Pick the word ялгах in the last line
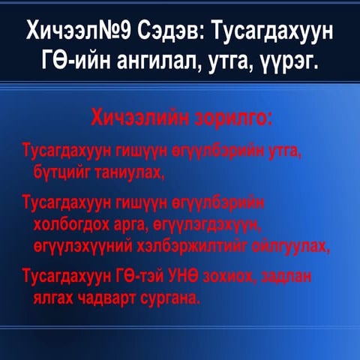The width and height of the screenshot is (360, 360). point(52,298)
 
